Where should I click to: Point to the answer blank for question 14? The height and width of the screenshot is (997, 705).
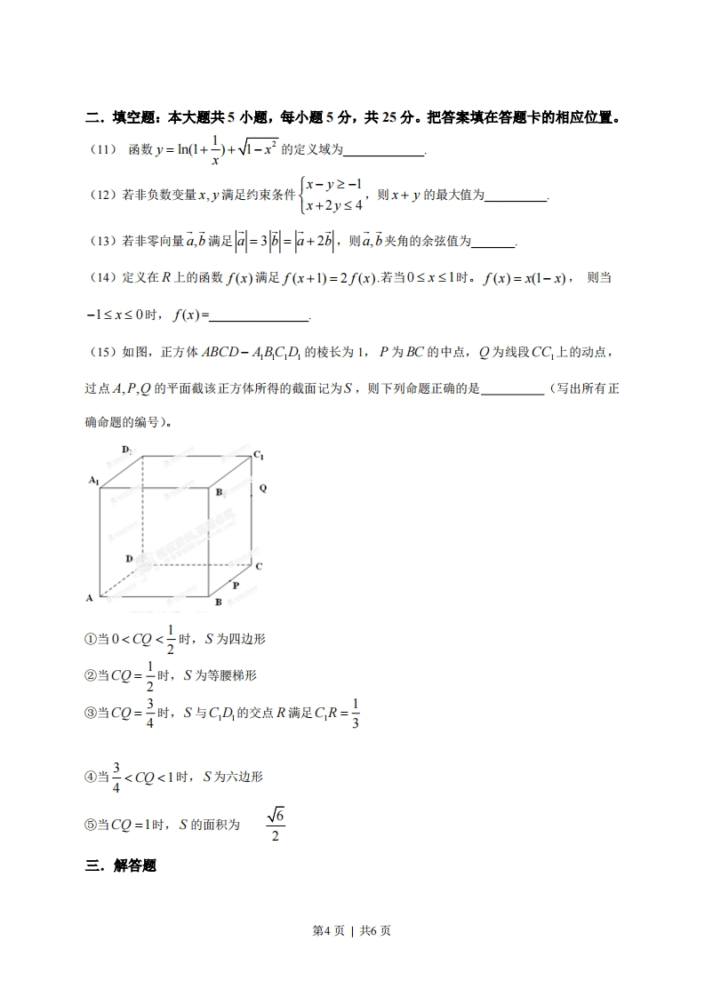258,315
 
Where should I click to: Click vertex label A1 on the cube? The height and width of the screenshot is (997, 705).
93,480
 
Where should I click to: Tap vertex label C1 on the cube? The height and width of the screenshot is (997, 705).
259,455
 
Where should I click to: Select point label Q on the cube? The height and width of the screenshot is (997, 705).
263,489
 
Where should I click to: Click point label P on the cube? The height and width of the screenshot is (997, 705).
236,586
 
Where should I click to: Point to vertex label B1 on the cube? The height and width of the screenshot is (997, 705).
220,492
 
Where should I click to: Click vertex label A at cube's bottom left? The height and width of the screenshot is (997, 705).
90,598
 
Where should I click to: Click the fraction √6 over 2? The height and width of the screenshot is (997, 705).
276,825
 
